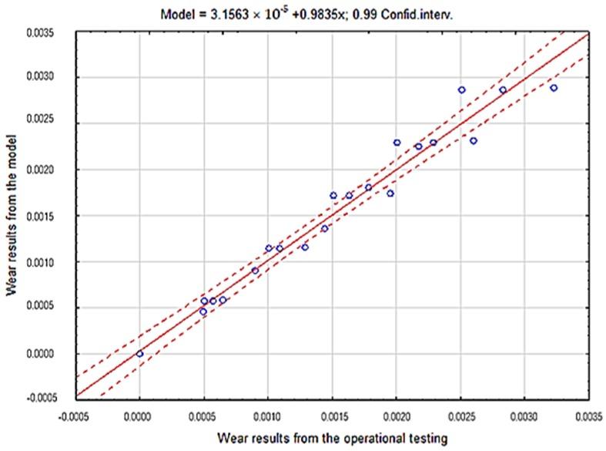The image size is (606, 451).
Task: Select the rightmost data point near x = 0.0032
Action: pyautogui.click(x=553, y=88)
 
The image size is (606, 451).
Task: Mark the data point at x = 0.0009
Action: pyautogui.click(x=255, y=271)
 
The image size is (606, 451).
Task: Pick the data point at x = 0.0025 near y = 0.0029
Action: pyautogui.click(x=461, y=89)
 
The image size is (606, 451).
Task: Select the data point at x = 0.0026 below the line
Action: pyautogui.click(x=474, y=140)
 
